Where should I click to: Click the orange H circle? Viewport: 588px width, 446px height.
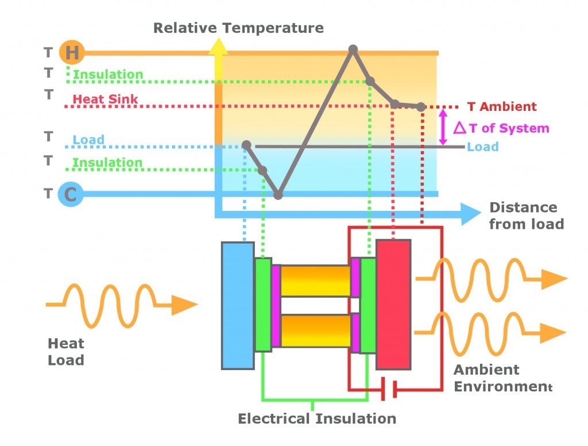point(72,53)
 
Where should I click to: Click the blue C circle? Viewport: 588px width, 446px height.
point(70,194)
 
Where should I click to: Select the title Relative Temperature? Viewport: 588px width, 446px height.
point(238,28)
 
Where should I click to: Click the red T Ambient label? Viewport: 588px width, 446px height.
point(502,107)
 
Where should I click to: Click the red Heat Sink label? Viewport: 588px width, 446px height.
point(106,99)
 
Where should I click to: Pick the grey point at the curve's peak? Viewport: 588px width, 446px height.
point(353,49)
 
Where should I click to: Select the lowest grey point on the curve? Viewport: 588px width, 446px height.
point(278,195)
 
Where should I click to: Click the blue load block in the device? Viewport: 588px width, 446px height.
point(238,305)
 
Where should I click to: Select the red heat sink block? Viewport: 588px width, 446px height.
point(393,305)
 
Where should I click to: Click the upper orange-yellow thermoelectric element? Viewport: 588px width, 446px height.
point(315,280)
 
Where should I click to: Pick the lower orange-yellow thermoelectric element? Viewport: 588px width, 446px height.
point(315,330)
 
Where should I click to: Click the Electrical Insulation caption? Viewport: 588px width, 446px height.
point(317,418)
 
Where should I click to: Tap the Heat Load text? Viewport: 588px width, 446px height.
point(66,352)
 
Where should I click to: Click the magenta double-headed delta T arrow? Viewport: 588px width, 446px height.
point(443,127)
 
